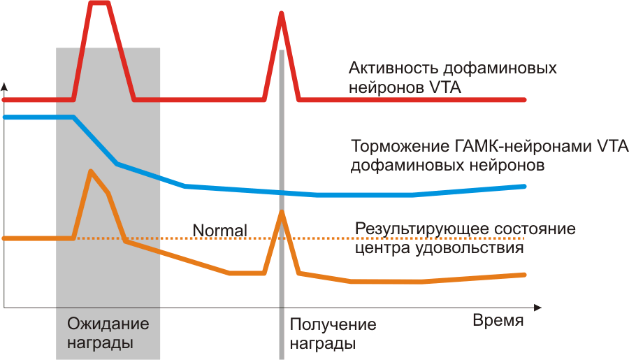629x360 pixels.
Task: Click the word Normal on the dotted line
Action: coord(219,230)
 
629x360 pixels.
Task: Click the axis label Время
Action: coord(498,321)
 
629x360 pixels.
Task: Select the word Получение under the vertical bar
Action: coord(333,325)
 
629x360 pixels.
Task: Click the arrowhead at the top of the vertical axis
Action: coord(4,87)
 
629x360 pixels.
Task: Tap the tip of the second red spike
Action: coord(281,14)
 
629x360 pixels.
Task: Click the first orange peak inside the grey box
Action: coord(90,171)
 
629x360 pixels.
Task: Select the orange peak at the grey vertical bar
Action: coord(281,211)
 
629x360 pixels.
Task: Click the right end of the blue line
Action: coord(523,186)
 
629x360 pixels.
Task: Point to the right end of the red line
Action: coord(523,100)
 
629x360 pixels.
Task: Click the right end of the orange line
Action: coord(523,275)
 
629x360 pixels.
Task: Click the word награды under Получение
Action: coord(322,344)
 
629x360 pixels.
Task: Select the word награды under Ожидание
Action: coord(100,343)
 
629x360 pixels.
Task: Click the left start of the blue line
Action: coord(6,117)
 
